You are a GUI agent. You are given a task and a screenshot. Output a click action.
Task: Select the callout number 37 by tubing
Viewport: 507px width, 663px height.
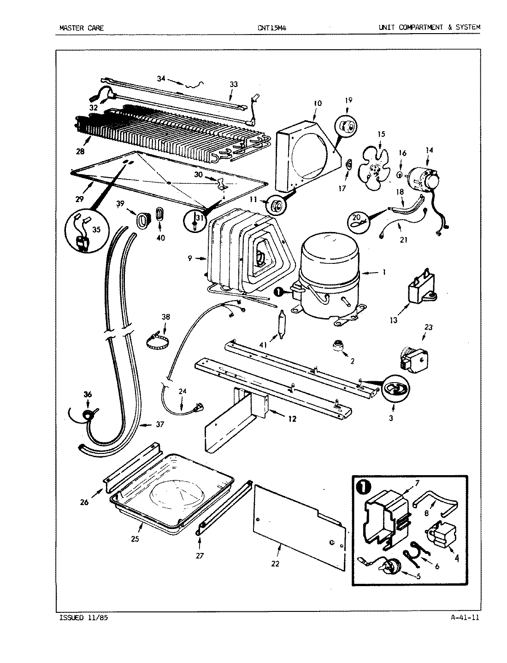click(x=159, y=425)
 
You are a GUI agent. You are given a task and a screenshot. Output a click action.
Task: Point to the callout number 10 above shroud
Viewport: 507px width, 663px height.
click(x=317, y=104)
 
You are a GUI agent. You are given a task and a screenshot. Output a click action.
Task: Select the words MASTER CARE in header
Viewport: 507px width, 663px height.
click(x=82, y=28)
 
